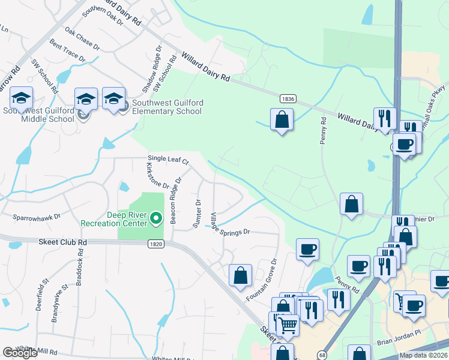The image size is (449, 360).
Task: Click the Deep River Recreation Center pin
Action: (x=156, y=218)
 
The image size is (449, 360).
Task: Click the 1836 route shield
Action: (x=288, y=98)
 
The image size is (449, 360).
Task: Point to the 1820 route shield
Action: (x=156, y=243)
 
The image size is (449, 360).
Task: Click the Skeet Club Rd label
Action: (x=63, y=242)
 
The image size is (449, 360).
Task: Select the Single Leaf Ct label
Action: (x=169, y=161)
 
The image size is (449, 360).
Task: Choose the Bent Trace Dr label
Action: (x=68, y=52)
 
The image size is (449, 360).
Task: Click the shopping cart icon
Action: (x=288, y=325)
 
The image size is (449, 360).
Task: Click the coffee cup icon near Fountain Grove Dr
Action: (x=307, y=249)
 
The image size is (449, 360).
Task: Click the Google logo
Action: (x=20, y=353)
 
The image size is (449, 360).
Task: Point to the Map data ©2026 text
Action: (x=423, y=355)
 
